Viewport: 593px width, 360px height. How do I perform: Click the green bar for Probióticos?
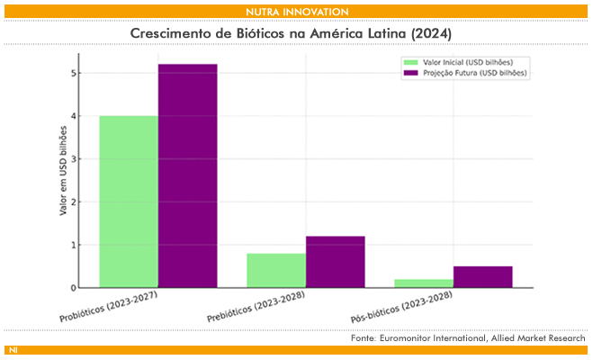point(129,202)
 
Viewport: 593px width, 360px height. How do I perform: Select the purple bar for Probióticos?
point(187,176)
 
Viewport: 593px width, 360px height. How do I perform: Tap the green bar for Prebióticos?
point(276,270)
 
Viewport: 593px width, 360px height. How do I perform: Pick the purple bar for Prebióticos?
point(336,262)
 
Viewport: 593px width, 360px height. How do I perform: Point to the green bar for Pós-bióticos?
point(424,283)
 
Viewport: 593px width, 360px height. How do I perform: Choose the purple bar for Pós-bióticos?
point(482,277)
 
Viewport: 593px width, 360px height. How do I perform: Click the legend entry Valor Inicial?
point(461,62)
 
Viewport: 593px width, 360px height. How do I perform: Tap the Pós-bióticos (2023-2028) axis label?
point(400,310)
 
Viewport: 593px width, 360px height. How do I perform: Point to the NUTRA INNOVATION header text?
point(296,11)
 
